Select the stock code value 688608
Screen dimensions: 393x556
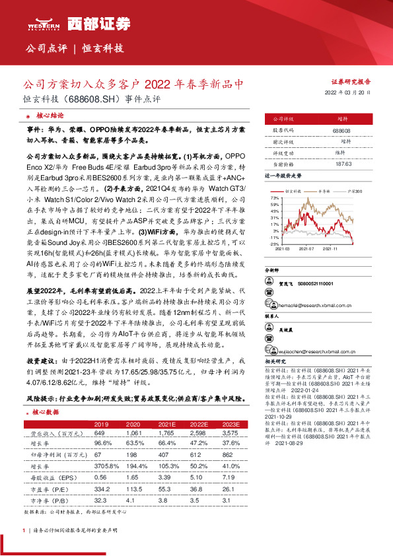341,131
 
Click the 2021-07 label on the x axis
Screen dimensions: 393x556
306,248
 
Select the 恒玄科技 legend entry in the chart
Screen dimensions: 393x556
292,190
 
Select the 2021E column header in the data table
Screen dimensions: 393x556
168,423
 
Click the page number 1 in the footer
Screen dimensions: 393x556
24,530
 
